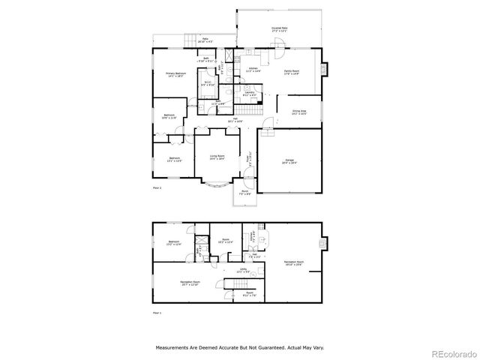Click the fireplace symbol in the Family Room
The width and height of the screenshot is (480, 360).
point(323,70)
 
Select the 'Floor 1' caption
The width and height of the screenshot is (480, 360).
point(157,312)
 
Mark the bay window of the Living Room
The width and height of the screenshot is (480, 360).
point(217,184)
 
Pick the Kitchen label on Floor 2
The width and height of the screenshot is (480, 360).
point(253,70)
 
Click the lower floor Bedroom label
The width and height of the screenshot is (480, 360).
point(174,242)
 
